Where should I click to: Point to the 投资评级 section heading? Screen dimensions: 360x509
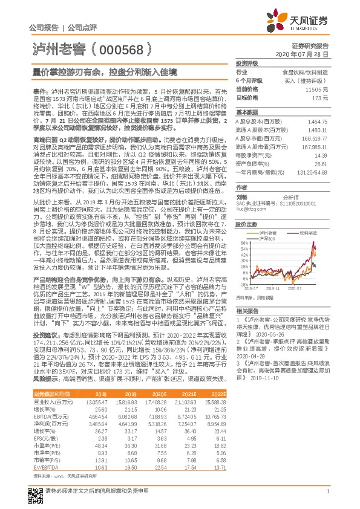tap(247, 63)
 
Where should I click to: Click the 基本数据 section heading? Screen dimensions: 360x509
tap(247, 112)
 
